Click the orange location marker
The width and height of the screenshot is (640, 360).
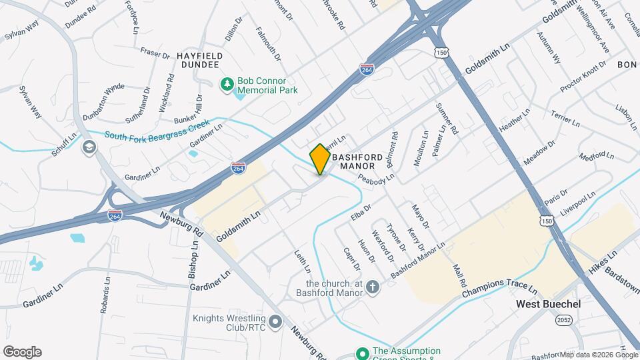click(x=320, y=159)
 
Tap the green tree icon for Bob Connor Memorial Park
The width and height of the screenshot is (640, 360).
click(x=227, y=83)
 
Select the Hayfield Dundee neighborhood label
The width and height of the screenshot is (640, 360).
click(x=198, y=59)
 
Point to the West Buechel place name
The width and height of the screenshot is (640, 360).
click(x=549, y=304)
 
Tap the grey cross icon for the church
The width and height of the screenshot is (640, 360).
click(x=372, y=287)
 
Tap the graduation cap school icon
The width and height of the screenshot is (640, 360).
click(x=88, y=147)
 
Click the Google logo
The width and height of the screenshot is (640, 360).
click(x=22, y=352)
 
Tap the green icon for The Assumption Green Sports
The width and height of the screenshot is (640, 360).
click(x=362, y=353)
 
